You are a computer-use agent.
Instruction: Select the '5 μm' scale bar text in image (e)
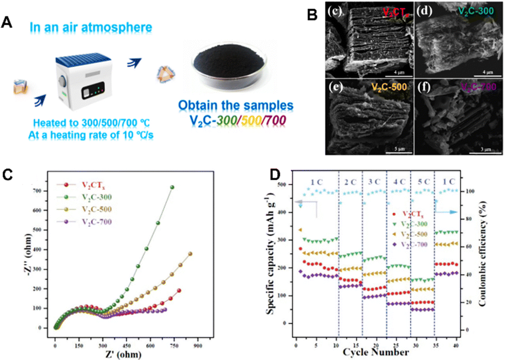coord(391,148)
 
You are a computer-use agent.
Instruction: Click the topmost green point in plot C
coord(171,187)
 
